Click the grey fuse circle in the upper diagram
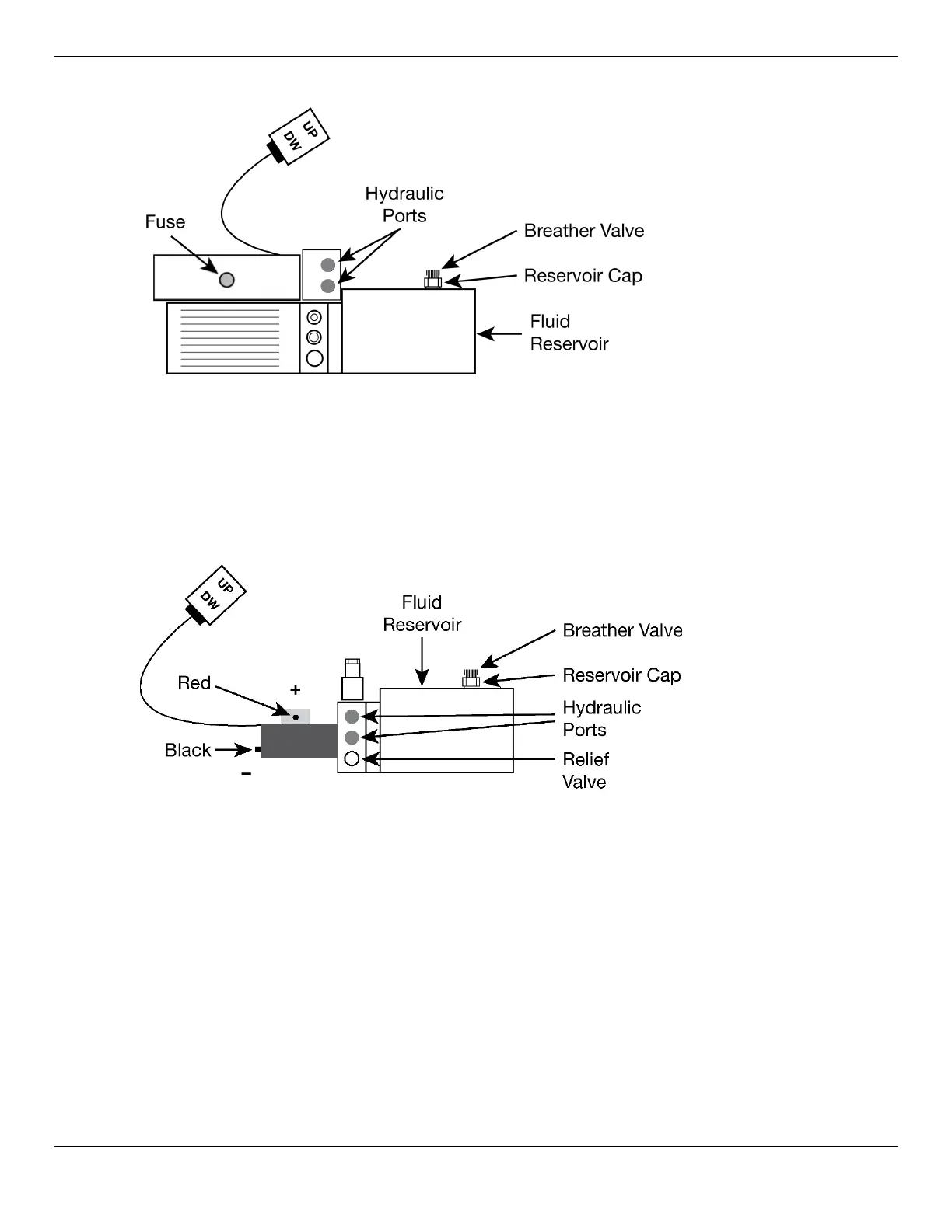tap(226, 280)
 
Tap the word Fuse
tap(165, 222)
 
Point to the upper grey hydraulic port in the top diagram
tap(328, 264)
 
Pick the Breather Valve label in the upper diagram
tap(583, 231)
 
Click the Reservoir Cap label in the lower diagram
tap(621, 675)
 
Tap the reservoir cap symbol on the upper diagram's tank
tap(432, 281)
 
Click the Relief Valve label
tap(586, 770)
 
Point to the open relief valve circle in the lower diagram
tap(352, 758)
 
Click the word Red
tap(194, 683)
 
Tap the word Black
tap(188, 750)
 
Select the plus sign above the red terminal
tap(295, 689)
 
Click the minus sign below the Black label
tap(246, 774)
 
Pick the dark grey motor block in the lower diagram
tap(299, 741)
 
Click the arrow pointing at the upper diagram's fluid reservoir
tap(499, 334)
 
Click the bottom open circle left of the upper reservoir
tap(315, 358)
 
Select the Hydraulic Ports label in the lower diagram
tap(601, 718)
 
